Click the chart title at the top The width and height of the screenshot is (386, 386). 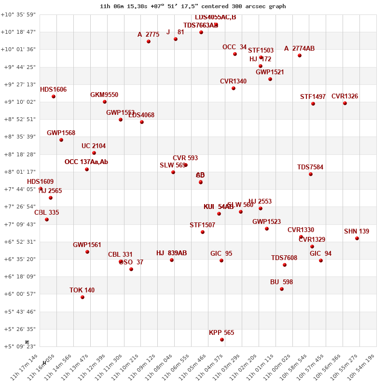193,6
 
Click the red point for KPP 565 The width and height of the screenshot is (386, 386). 222,340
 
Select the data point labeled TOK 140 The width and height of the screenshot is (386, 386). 83,297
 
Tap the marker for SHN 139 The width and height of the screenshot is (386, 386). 357,238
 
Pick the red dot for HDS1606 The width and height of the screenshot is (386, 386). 54,96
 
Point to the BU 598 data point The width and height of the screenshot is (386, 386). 282,289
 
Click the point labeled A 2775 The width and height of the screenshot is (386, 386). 149,41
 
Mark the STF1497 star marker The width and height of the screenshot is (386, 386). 313,104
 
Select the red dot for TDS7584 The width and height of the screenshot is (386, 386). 311,174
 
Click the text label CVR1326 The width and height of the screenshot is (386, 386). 345,96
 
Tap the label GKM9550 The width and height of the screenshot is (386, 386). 104,95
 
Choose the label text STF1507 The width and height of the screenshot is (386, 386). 203,225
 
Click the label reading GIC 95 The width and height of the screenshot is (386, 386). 221,254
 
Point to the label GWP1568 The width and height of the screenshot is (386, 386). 61,133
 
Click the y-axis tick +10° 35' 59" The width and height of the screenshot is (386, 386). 18,14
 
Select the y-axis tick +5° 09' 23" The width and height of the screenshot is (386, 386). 18,346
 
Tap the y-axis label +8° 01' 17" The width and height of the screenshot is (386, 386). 18,172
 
